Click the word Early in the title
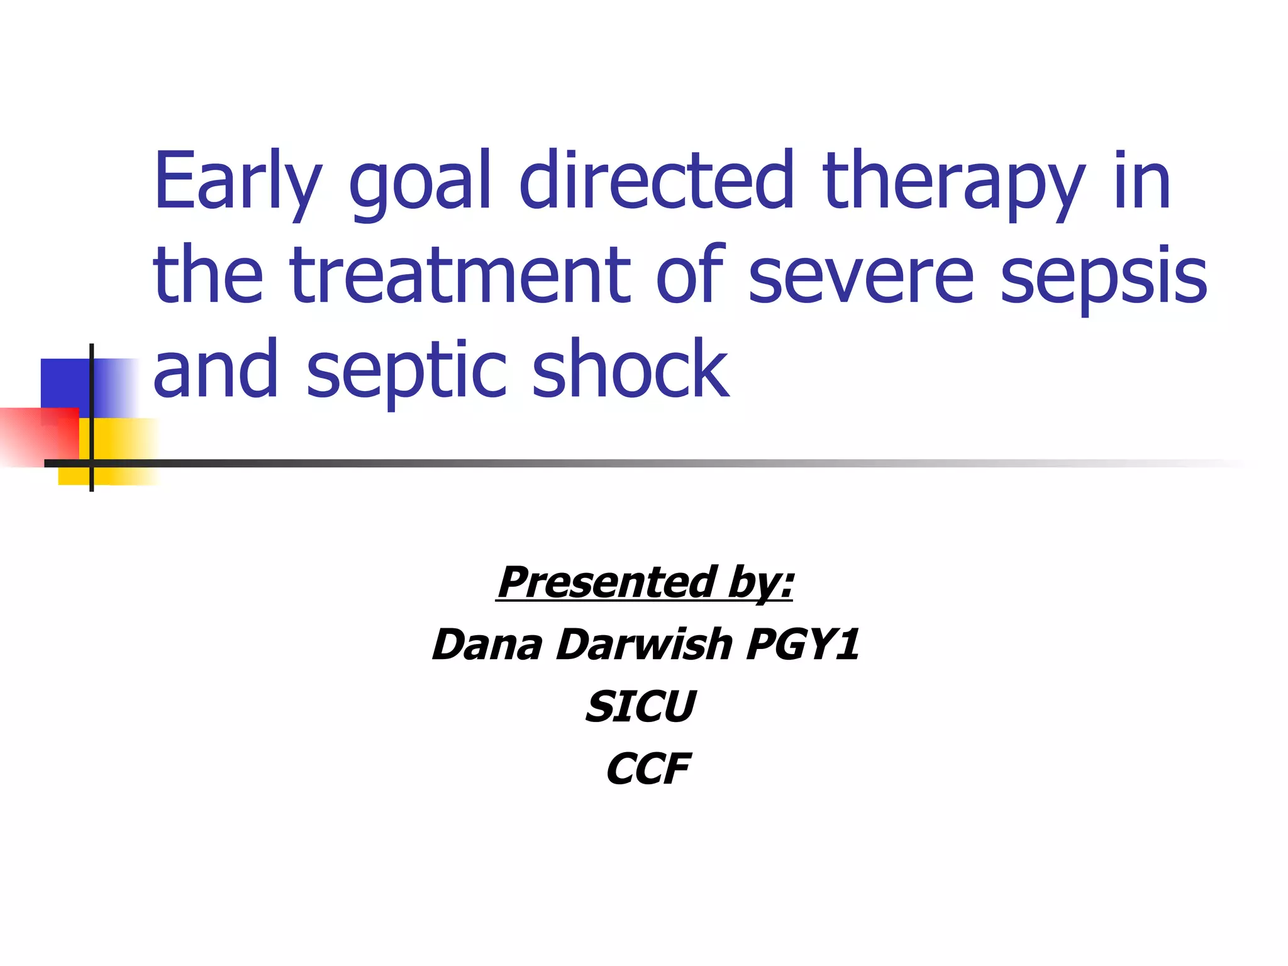pyautogui.click(x=238, y=182)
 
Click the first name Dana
pyautogui.click(x=487, y=645)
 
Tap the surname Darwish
pyautogui.click(x=645, y=645)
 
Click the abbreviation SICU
pyautogui.click(x=641, y=706)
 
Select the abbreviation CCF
pyautogui.click(x=648, y=769)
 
